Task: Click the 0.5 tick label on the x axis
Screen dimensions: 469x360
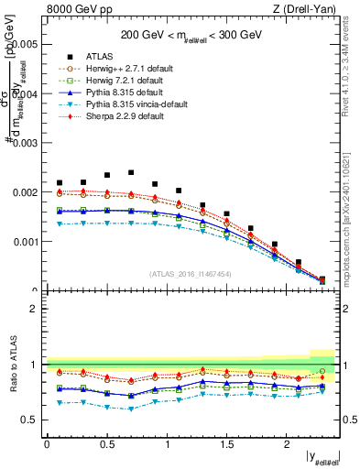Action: (107, 444)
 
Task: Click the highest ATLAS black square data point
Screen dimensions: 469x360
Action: (131, 172)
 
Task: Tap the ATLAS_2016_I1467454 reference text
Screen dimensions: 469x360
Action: (191, 274)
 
